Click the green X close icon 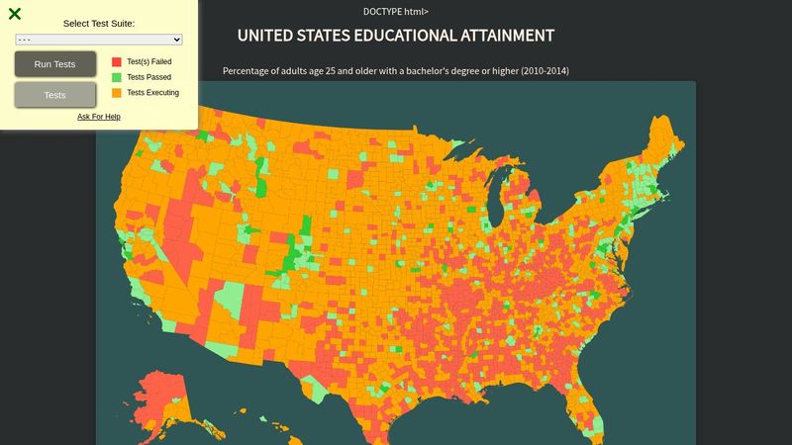tap(15, 14)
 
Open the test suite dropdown tap(99, 40)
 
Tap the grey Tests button tap(55, 95)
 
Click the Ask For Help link tap(99, 117)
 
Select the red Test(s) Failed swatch tap(117, 61)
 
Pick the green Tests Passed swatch tap(117, 77)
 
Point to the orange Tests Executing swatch tap(117, 93)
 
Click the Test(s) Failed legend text tap(149, 61)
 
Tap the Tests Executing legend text tap(152, 93)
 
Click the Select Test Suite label tap(99, 23)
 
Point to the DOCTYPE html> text tap(396, 12)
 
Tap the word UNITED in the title tap(266, 36)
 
